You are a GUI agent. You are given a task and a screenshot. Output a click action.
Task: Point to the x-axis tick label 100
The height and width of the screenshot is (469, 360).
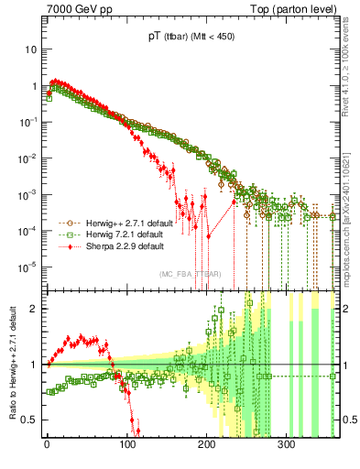[126, 443]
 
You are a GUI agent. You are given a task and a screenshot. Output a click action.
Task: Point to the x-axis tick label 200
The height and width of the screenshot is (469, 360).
[206, 443]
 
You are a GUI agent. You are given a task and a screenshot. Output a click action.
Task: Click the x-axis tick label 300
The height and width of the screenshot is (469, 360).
[286, 443]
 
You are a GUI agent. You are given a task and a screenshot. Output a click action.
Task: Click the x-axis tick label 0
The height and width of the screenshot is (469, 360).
[47, 443]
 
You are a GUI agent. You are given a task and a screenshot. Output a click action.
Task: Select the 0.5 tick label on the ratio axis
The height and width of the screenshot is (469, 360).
[30, 420]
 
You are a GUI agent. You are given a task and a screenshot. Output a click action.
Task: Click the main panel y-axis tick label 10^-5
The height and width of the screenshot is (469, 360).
[27, 267]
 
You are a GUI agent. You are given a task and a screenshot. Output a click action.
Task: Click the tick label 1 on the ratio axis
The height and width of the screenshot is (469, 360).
[34, 365]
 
